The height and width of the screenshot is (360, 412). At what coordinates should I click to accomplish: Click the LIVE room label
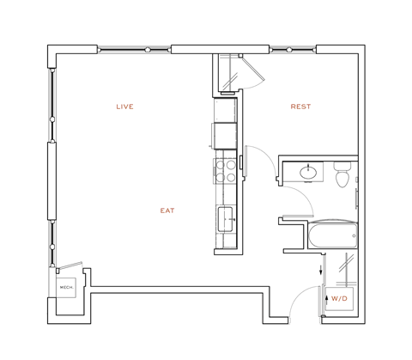coord(124,107)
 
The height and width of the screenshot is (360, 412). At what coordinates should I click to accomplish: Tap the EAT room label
coord(167,210)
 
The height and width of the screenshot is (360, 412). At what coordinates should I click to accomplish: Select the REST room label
coord(300,107)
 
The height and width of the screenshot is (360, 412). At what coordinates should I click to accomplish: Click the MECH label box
coord(66,286)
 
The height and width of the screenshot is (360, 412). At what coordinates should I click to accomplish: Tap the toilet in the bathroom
coord(342,179)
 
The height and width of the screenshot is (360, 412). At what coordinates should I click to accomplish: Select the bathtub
coord(330,236)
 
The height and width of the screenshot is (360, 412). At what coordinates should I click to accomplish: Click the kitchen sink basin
coord(226,217)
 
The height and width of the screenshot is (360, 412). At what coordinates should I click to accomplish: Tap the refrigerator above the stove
coord(225,135)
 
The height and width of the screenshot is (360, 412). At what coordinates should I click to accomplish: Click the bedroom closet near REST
coord(229,74)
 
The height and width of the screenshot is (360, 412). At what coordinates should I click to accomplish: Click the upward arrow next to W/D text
coord(326,298)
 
